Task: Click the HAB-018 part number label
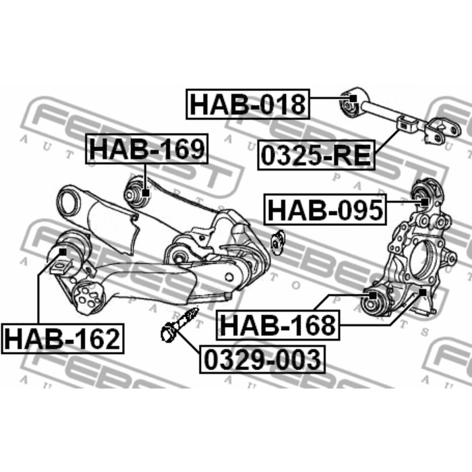pos(247,104)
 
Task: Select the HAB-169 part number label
pos(147,149)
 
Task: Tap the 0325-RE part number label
pos(316,155)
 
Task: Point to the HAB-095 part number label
pos(325,210)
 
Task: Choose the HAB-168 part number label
pos(278,325)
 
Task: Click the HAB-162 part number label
pos(63,338)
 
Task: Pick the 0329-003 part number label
pos(262,359)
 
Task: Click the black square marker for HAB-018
pos(353,98)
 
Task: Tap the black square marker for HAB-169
pos(146,193)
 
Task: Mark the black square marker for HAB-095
pos(424,202)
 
